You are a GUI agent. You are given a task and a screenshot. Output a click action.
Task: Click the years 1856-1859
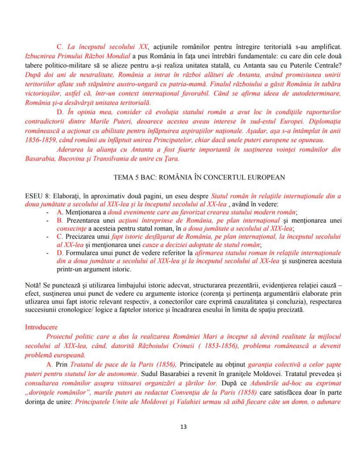pos(44,140)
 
